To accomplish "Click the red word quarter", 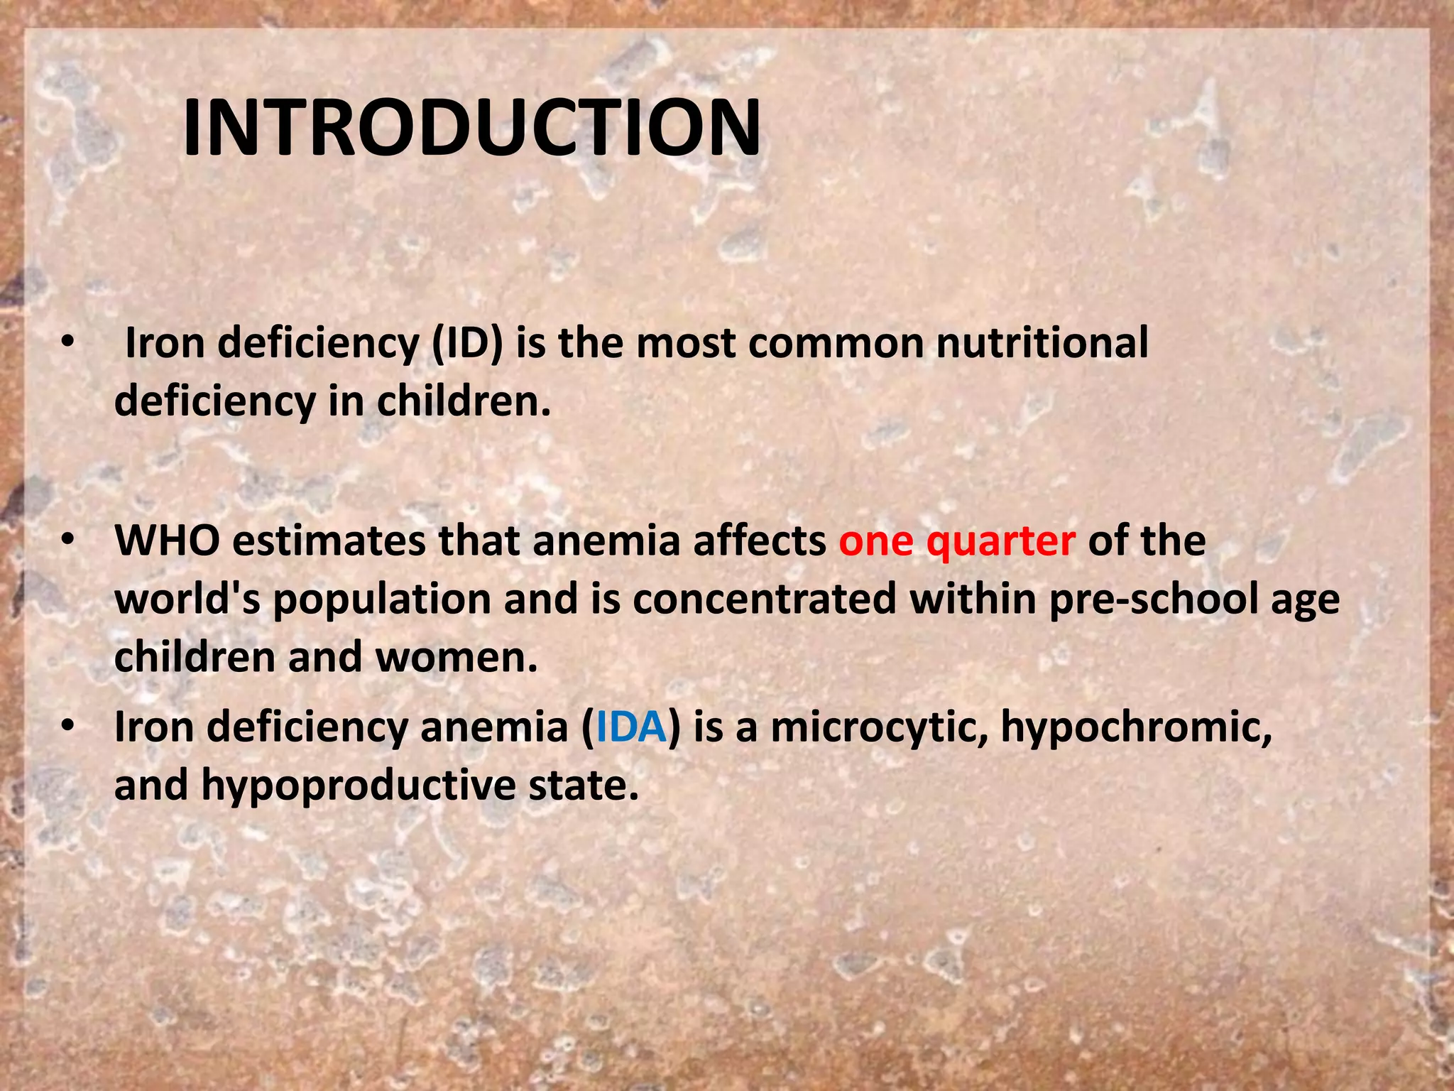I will pos(1000,543).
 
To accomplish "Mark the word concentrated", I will pos(764,599).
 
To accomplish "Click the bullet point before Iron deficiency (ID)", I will pos(67,342).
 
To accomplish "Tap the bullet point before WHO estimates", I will pos(67,541).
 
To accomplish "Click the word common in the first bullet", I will pos(836,344).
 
